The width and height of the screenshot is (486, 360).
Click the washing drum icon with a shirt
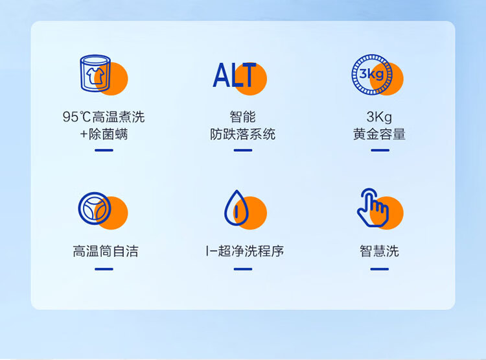click(x=95, y=73)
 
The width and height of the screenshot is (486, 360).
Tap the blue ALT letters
click(x=235, y=75)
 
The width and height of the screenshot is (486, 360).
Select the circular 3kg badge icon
click(x=372, y=74)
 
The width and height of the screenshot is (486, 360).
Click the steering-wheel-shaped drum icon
click(x=95, y=208)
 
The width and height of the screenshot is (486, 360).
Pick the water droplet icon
click(x=236, y=208)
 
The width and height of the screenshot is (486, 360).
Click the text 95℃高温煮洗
click(x=104, y=117)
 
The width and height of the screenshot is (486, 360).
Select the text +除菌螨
click(x=104, y=134)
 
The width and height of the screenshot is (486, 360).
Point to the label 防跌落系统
click(x=243, y=134)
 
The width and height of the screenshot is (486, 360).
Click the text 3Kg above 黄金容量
click(x=379, y=117)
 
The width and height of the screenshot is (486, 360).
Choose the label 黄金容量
click(x=379, y=134)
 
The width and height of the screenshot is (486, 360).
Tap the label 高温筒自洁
click(x=106, y=251)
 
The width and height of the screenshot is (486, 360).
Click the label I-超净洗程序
click(x=244, y=251)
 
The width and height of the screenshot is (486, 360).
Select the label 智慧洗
click(x=379, y=251)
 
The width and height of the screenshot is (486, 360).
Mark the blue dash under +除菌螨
click(x=104, y=150)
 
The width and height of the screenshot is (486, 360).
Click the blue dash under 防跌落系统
click(x=243, y=150)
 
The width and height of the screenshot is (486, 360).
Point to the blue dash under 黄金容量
click(x=380, y=150)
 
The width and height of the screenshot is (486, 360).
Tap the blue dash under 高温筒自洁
click(x=104, y=269)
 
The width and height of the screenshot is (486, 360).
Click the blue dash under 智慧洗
click(x=379, y=269)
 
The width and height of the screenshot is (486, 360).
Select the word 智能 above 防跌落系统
click(x=243, y=117)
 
